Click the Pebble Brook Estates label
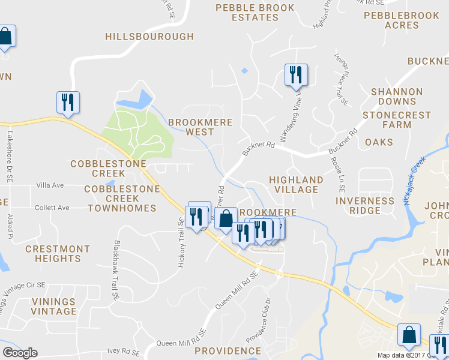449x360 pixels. pyautogui.click(x=255, y=13)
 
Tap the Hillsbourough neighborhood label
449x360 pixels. pyautogui.click(x=149, y=37)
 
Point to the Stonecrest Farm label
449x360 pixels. pyautogui.click(x=397, y=120)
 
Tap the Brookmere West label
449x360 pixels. pyautogui.click(x=191, y=127)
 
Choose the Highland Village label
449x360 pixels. pyautogui.click(x=296, y=184)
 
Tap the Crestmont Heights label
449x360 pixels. pyautogui.click(x=58, y=254)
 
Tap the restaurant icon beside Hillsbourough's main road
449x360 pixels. pyautogui.click(x=68, y=103)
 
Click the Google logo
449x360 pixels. pyautogui.click(x=20, y=353)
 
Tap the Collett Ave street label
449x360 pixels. pyautogui.click(x=52, y=208)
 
